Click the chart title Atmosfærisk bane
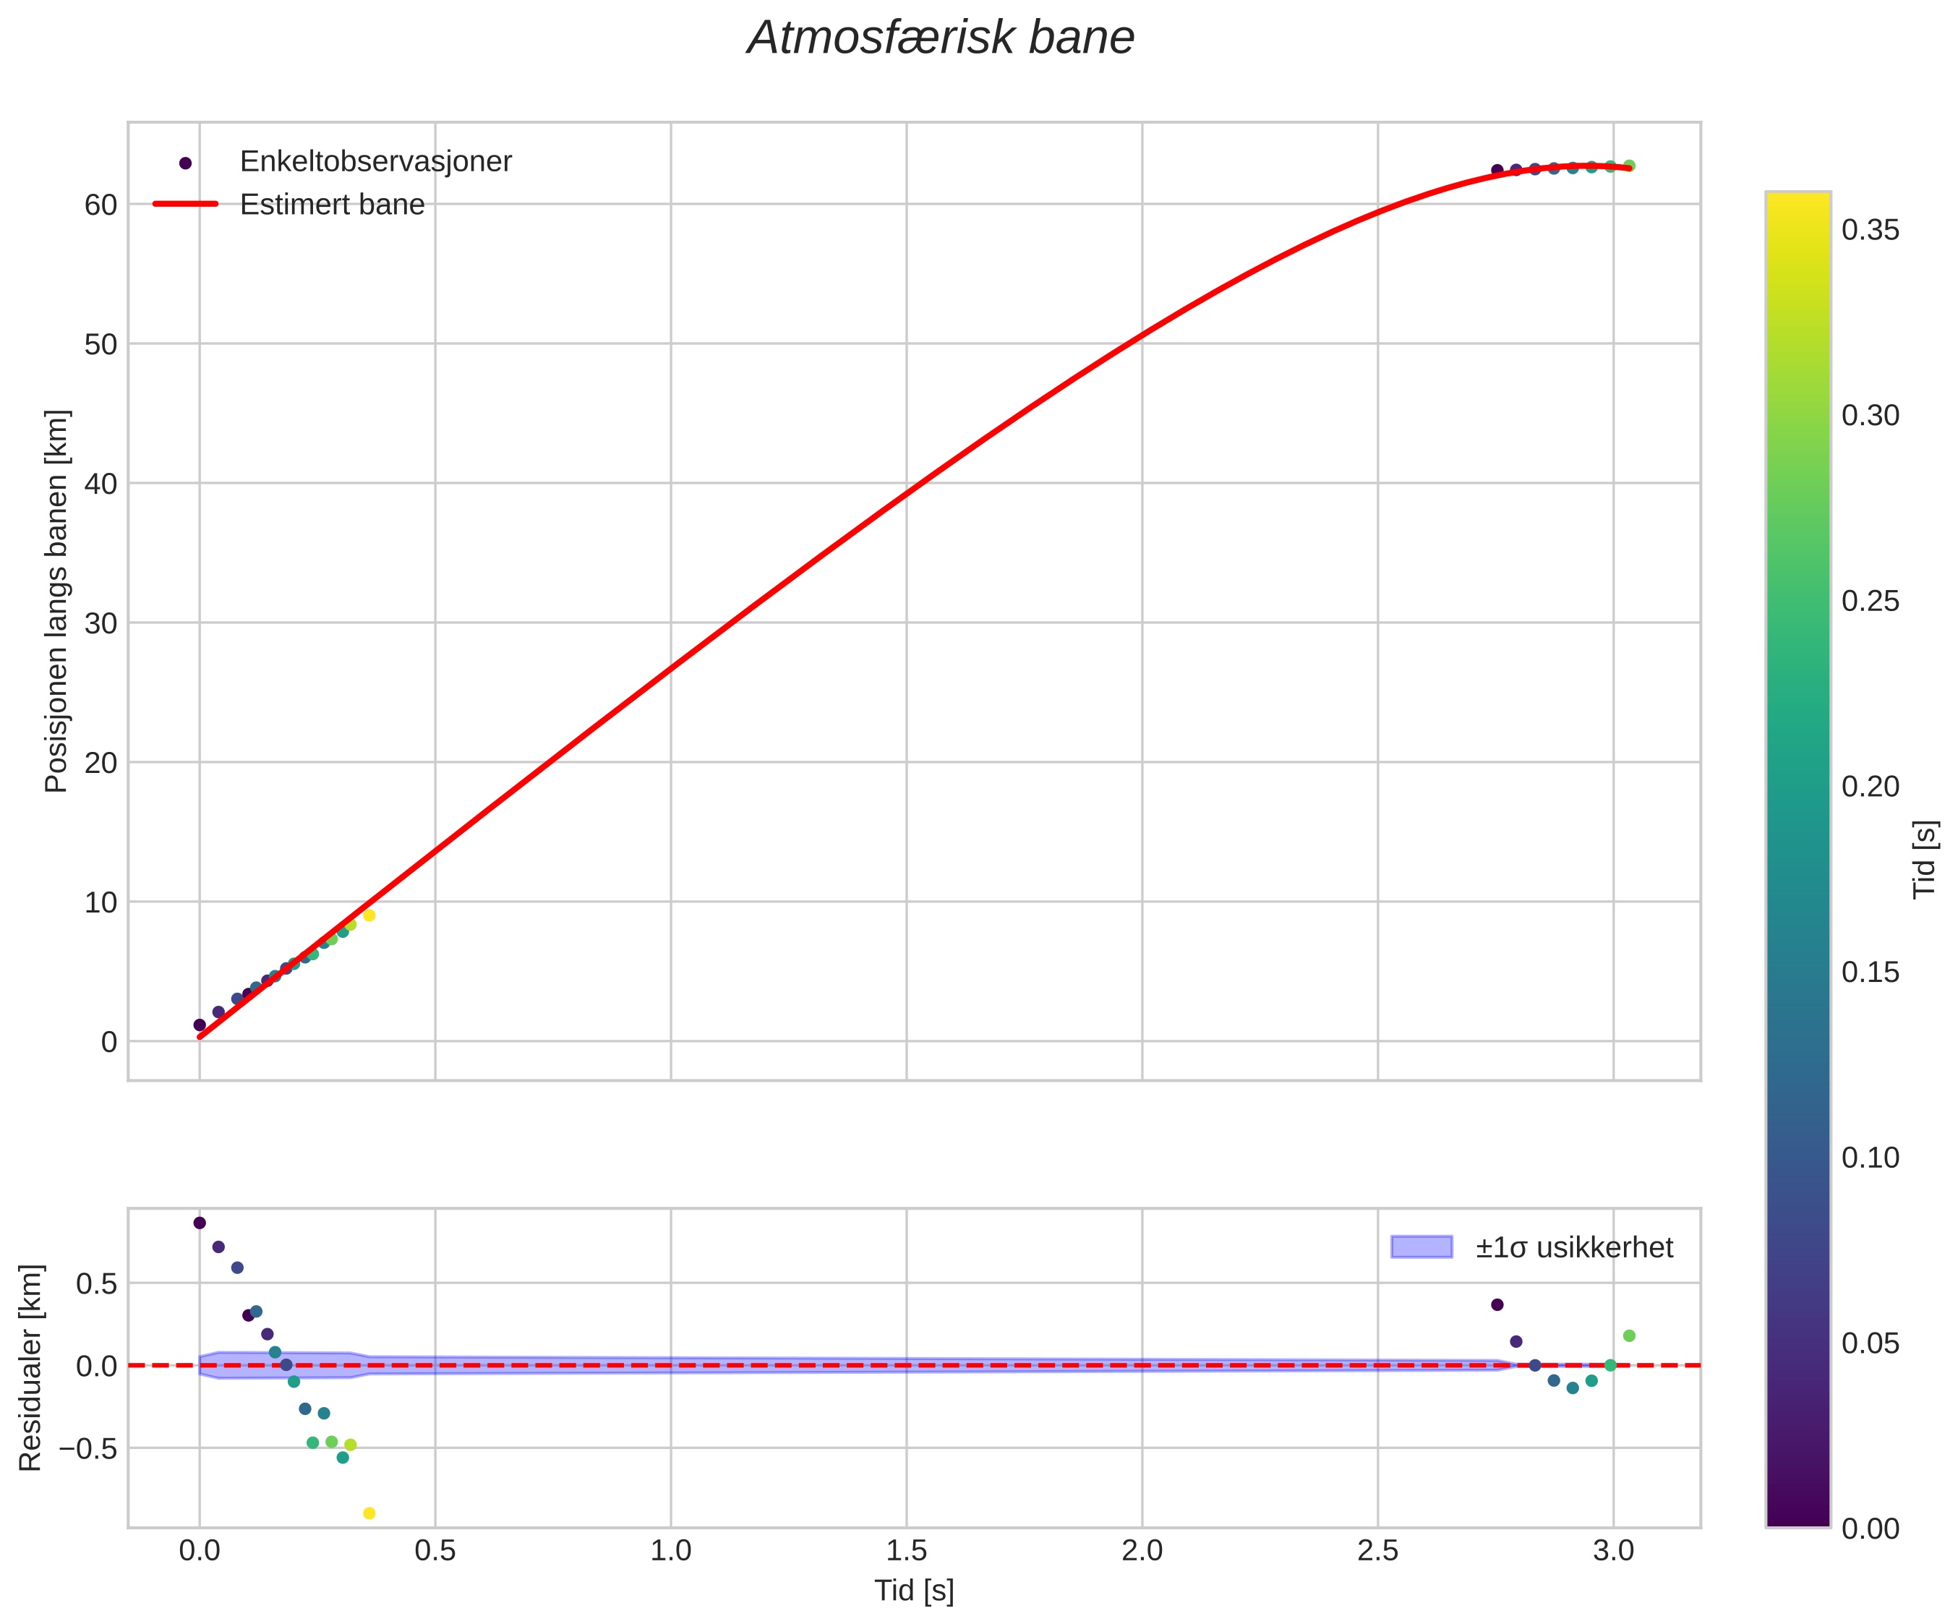tap(941, 39)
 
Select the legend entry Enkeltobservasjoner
tap(376, 162)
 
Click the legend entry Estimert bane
tap(332, 205)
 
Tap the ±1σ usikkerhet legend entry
tap(1574, 1247)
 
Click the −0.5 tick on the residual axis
tap(89, 1450)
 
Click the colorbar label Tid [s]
tap(1925, 860)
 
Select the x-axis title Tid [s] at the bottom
tap(914, 1591)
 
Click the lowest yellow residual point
tap(369, 1513)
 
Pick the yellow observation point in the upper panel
tap(369, 915)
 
